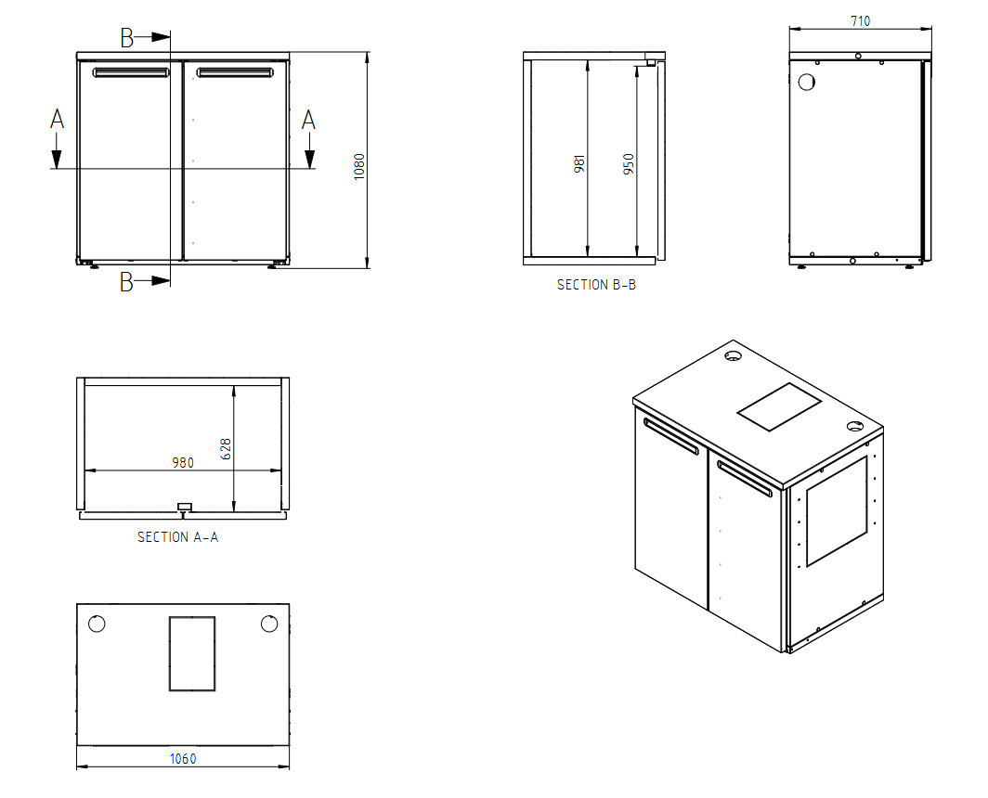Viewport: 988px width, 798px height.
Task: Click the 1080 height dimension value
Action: tap(359, 167)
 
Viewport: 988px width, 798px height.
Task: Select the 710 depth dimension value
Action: tap(860, 21)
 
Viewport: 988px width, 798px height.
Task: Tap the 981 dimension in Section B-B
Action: tap(579, 163)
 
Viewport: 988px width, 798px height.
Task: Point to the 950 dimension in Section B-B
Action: tap(629, 163)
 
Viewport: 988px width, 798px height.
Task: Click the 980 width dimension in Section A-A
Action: tap(183, 463)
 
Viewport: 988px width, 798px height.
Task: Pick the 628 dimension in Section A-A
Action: tap(226, 449)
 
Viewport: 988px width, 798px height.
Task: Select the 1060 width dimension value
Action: tap(183, 759)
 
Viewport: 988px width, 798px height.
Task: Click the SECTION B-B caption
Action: tap(596, 285)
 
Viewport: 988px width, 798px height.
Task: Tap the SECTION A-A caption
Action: tap(177, 537)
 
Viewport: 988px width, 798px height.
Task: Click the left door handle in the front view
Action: tap(131, 72)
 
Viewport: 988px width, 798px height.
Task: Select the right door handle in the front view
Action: tap(235, 72)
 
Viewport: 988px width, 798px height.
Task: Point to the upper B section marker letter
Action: tap(126, 38)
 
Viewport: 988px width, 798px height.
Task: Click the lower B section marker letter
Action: tap(126, 281)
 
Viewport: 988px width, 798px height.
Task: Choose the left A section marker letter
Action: tap(57, 119)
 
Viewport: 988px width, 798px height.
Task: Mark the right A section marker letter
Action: tap(308, 119)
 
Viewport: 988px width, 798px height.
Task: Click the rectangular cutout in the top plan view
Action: tap(192, 654)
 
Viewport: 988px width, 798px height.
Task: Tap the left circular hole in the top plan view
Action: tap(97, 624)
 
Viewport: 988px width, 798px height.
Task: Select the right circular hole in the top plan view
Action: tap(269, 624)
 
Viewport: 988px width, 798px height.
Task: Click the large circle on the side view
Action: tap(807, 82)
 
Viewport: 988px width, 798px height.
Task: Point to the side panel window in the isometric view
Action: tap(837, 510)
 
